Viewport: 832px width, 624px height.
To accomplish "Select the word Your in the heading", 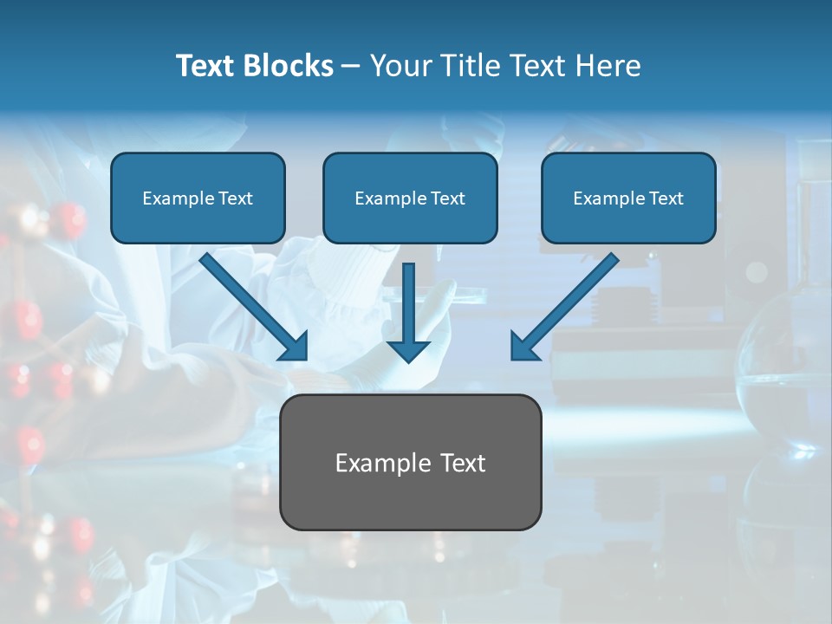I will (x=400, y=66).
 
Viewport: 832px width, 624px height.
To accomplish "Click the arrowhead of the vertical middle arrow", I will (x=408, y=350).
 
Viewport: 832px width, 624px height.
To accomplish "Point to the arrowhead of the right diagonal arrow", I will (x=523, y=346).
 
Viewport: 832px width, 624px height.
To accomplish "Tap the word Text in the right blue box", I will (x=666, y=198).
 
